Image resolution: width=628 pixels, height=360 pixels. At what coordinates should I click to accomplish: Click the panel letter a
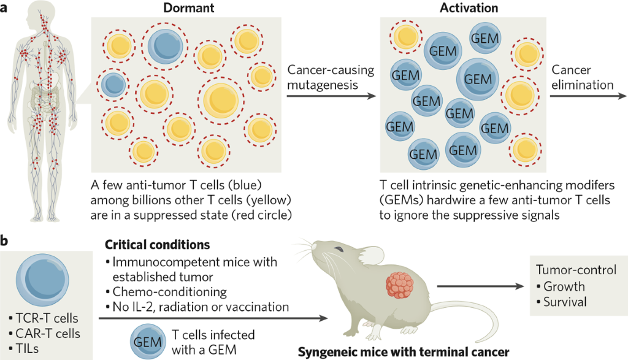[x=6, y=9]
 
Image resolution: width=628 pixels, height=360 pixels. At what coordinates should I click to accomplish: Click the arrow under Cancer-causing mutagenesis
[x=331, y=96]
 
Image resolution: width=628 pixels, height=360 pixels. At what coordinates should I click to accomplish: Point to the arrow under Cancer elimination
[x=589, y=96]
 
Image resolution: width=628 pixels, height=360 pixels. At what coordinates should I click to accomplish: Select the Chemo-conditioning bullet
[x=169, y=291]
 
